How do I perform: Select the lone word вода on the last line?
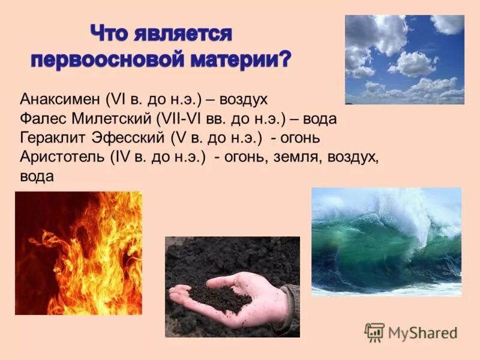pos(37,176)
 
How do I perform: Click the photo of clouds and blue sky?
pos(404,59)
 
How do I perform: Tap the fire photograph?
pos(79,253)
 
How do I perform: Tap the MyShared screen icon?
pos(374,332)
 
